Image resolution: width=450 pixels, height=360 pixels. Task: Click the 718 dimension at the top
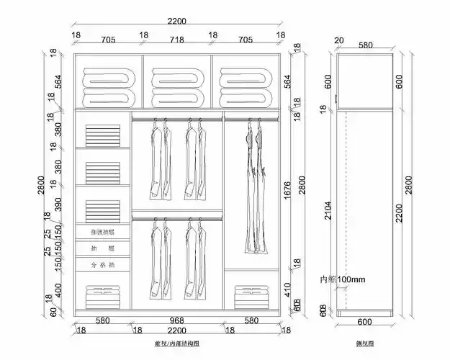point(177,40)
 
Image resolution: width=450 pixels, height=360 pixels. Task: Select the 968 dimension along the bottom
point(177,320)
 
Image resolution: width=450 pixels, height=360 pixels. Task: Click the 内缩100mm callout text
point(343,279)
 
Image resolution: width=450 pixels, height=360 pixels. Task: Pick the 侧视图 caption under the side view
point(364,345)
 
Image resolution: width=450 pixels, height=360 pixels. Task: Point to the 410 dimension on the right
point(287,289)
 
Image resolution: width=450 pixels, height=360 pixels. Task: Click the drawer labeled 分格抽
point(103,265)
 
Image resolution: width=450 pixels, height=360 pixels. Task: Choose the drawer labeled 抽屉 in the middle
point(103,248)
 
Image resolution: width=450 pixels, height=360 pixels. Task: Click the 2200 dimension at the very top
point(177,22)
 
